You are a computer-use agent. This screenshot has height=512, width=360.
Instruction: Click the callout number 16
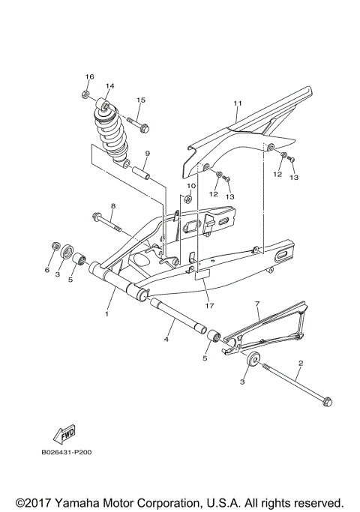click(89, 77)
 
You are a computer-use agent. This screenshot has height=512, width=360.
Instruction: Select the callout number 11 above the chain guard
click(236, 103)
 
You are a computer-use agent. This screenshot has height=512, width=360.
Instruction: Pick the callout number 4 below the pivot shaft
click(166, 340)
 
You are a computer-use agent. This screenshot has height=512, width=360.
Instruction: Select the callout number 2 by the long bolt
click(300, 364)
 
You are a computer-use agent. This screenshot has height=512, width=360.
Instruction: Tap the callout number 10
click(190, 185)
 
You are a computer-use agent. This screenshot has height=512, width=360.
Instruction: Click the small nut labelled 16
click(87, 94)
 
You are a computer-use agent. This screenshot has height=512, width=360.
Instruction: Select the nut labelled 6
click(54, 246)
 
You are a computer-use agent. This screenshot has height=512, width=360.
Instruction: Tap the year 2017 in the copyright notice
click(40, 502)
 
